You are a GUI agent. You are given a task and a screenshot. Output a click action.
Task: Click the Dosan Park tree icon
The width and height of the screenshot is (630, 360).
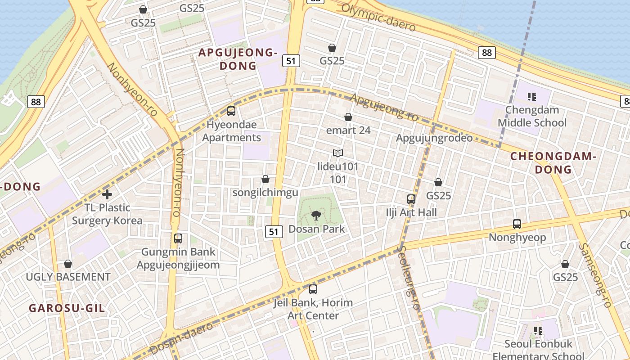pyautogui.click(x=316, y=215)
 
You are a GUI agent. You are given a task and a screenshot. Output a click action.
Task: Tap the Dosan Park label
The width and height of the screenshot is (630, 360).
pyautogui.click(x=316, y=229)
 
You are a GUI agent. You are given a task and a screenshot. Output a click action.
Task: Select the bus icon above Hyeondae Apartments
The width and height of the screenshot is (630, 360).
pyautogui.click(x=231, y=111)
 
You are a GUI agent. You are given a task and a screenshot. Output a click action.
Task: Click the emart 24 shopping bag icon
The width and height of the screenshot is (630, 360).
pyautogui.click(x=348, y=117)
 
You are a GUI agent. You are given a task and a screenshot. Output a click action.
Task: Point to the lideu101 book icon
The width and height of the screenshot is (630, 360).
pyautogui.click(x=338, y=153)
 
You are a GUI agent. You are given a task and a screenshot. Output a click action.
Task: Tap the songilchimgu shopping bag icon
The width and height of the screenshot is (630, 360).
pyautogui.click(x=265, y=180)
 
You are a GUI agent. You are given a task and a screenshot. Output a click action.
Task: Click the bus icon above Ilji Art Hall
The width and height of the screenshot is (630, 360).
pyautogui.click(x=411, y=199)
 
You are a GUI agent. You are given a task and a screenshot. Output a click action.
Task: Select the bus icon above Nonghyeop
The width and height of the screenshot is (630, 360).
pyautogui.click(x=517, y=224)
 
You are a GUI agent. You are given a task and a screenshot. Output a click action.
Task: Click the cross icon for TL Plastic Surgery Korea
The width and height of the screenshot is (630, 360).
pyautogui.click(x=107, y=194)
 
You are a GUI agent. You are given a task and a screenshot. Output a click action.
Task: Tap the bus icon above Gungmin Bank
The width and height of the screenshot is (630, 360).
pyautogui.click(x=178, y=238)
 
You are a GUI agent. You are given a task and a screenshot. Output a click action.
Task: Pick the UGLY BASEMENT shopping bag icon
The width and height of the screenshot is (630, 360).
pyautogui.click(x=68, y=264)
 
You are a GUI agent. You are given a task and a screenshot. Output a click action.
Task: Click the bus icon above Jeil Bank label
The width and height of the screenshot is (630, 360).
pyautogui.click(x=313, y=289)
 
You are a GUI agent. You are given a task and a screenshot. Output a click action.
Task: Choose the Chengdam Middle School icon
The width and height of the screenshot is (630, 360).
pyautogui.click(x=532, y=96)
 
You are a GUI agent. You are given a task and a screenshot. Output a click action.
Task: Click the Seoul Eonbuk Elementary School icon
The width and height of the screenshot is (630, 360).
pyautogui.click(x=538, y=331)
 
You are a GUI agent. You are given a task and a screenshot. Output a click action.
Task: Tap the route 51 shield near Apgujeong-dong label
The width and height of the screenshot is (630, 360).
pyautogui.click(x=292, y=60)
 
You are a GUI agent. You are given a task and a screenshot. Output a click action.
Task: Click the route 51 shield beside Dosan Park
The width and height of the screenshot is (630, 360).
pyautogui.click(x=274, y=232)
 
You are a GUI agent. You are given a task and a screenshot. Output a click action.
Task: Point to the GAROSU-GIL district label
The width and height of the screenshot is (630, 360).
pyautogui.click(x=67, y=308)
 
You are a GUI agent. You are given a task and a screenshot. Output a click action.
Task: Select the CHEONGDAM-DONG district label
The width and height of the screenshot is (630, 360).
pyautogui.click(x=553, y=163)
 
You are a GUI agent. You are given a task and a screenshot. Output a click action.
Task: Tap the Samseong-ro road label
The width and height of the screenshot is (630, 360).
pyautogui.click(x=595, y=275)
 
